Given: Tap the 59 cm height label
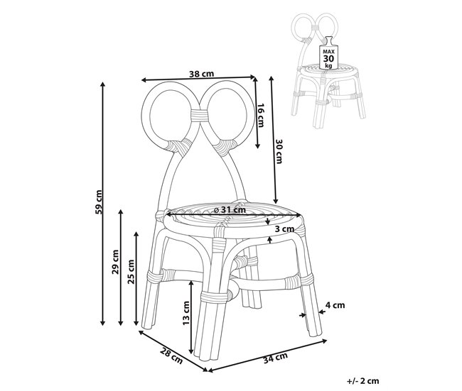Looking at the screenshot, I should point(100,202).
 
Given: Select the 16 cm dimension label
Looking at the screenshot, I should point(260,114).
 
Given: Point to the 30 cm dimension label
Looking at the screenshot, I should point(279,150).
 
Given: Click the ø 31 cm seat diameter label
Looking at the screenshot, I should point(229,209).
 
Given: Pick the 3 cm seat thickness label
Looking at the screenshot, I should point(284,229).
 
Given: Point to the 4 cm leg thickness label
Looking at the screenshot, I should point(335,306).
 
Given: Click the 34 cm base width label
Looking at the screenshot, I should point(274,358).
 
